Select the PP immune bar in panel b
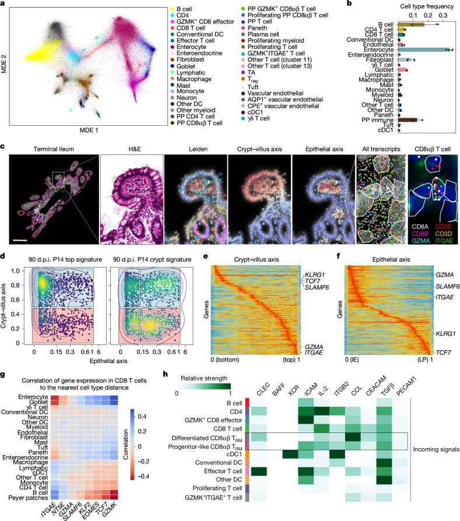(x=408, y=119)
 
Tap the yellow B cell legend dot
(x=173, y=9)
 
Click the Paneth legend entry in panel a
(x=257, y=28)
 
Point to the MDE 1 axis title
(x=89, y=131)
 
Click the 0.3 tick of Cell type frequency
(x=443, y=15)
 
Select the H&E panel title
(x=135, y=149)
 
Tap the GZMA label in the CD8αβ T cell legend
(x=420, y=241)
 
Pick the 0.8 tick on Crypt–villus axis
(x=15, y=285)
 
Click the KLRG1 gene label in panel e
(x=315, y=275)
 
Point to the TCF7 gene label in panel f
(x=443, y=352)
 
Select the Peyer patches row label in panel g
(x=28, y=498)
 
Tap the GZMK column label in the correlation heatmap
(x=110, y=508)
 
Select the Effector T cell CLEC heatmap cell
(x=258, y=471)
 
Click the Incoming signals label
(x=436, y=449)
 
